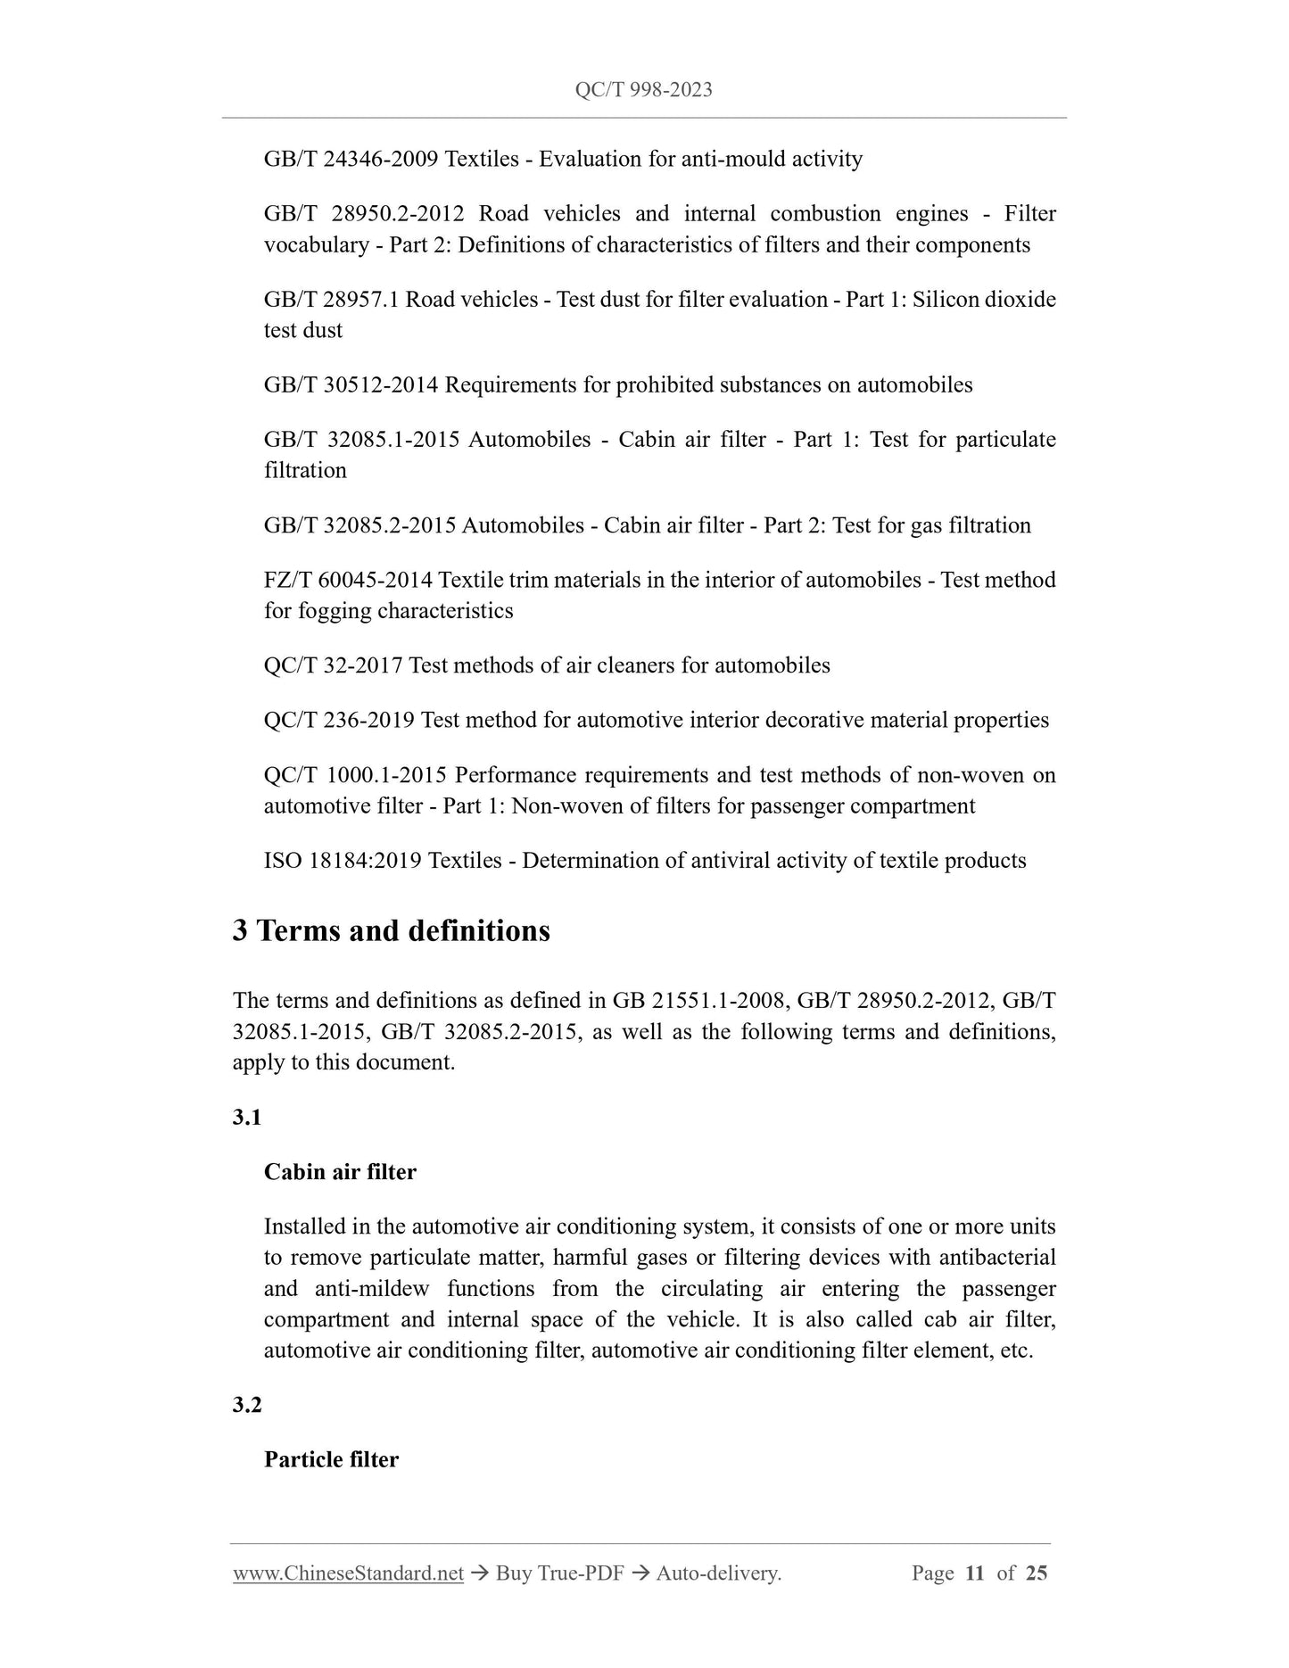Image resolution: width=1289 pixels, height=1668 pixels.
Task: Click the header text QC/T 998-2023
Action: tap(643, 90)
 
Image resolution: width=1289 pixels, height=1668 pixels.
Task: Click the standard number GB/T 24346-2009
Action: tap(351, 160)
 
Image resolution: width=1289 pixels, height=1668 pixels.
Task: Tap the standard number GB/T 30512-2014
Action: tap(351, 385)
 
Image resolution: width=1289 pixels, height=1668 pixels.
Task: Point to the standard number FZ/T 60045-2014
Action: tap(348, 581)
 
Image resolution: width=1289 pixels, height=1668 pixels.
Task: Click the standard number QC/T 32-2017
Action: tap(334, 666)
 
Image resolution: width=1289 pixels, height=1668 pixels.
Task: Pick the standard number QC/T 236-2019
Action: tap(339, 721)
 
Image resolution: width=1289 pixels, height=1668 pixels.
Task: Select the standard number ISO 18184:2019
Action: tap(343, 862)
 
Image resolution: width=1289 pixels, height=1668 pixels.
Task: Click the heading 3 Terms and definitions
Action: tap(392, 931)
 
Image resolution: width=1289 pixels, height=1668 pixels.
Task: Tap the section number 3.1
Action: tap(246, 1118)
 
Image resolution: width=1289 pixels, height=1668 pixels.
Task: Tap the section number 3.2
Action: tap(246, 1405)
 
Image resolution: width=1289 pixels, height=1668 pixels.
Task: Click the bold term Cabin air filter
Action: tap(340, 1172)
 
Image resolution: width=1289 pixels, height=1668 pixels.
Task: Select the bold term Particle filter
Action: tap(331, 1460)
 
